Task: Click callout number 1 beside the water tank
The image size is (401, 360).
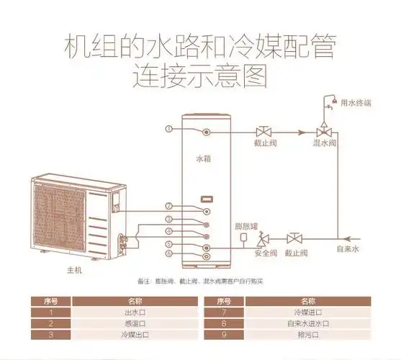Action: (168, 130)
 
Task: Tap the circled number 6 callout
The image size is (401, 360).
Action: (168, 253)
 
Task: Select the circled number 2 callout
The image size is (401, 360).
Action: (168, 207)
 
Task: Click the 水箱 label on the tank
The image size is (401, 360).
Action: (204, 157)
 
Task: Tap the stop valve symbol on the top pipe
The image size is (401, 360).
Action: (263, 132)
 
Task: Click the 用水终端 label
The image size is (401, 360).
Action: (356, 102)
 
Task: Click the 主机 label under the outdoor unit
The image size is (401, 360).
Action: (65, 269)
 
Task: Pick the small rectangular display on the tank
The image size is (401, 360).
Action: (206, 197)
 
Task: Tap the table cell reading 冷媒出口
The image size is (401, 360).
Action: (135, 335)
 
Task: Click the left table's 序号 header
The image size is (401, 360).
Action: (51, 301)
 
